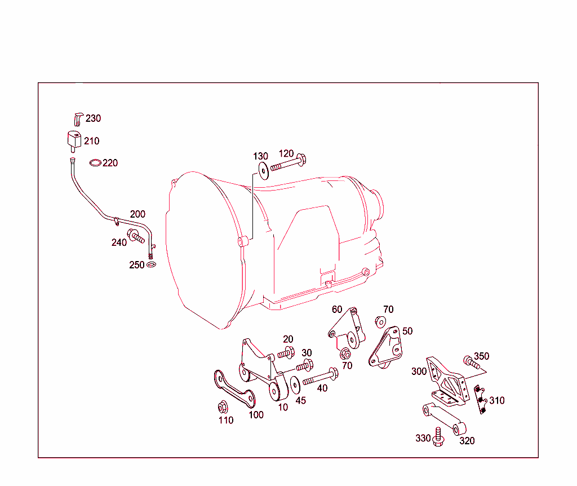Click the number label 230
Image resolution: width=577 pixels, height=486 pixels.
pos(94,118)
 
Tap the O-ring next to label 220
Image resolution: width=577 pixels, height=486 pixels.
pos(96,163)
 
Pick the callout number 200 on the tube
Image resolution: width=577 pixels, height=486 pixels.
pos(137,214)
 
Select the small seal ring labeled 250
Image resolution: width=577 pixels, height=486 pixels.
pos(151,264)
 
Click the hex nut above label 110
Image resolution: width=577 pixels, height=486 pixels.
pos(223,407)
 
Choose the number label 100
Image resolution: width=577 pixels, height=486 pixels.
pos(256,415)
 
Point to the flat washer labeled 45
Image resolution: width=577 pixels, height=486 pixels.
pos(295,386)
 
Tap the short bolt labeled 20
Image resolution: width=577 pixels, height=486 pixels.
pos(286,354)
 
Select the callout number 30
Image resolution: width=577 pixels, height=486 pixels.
pos(307,353)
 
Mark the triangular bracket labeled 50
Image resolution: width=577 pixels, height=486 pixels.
pos(385,348)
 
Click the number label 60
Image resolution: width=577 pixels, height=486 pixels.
pos(337,310)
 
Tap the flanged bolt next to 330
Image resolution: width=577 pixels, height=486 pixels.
pos(439,438)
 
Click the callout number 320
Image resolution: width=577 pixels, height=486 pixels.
pos(467,440)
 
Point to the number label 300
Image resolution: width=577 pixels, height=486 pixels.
pos(419,372)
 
